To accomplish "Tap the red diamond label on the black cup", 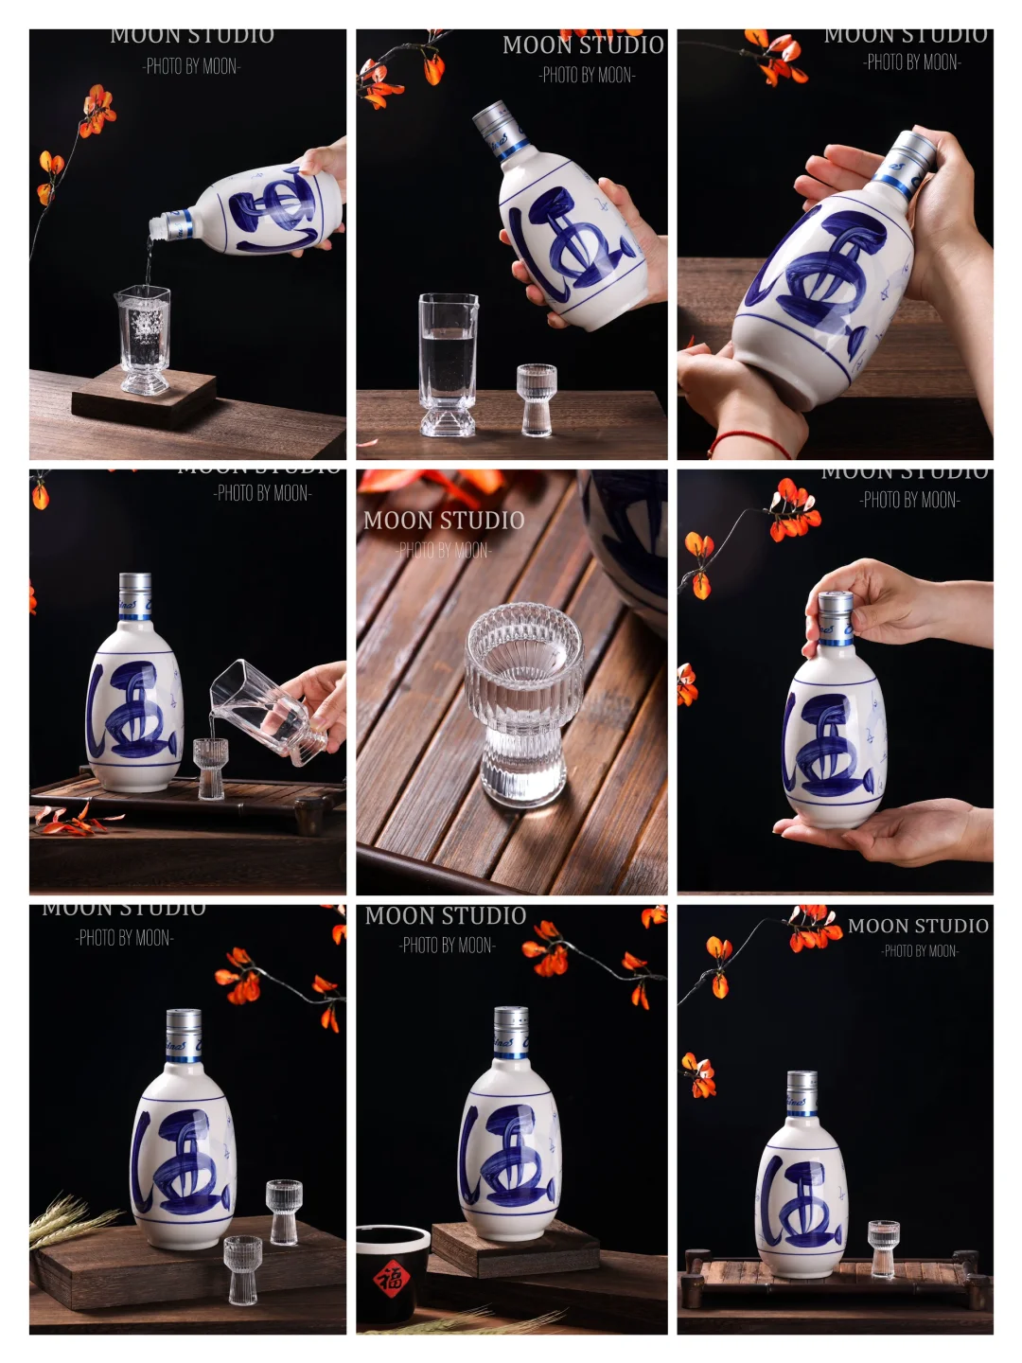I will (x=389, y=1279).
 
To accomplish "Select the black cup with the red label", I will (x=391, y=1273).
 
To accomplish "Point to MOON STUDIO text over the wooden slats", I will (x=444, y=521).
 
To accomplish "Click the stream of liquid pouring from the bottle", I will (x=148, y=261).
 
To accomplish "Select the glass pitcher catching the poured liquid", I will (x=145, y=339).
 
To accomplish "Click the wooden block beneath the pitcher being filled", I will (x=144, y=397).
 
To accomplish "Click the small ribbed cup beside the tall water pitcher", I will (x=537, y=399).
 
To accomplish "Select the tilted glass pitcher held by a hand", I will (x=267, y=712).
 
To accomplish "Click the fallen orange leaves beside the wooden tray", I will (x=76, y=820).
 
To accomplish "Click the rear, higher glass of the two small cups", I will (x=284, y=1211).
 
